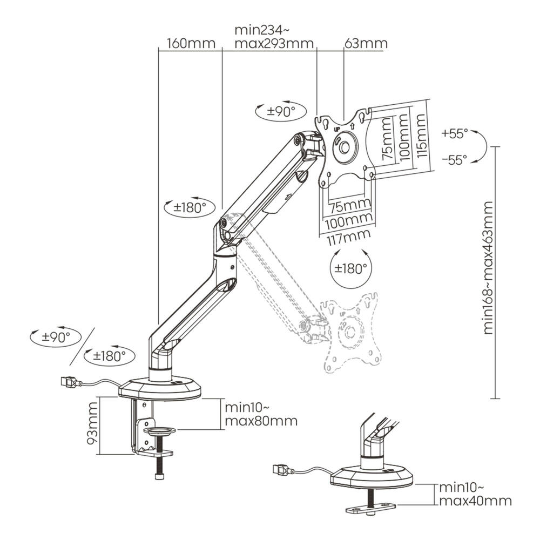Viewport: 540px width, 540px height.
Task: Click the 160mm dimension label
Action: tap(191, 43)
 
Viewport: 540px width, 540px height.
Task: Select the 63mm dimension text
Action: tap(366, 43)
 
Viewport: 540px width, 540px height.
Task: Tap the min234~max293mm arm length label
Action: tap(274, 36)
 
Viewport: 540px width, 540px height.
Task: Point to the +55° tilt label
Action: tap(455, 133)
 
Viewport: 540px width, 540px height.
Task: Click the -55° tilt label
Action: tap(455, 159)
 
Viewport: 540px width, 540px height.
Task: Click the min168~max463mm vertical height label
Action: tap(488, 267)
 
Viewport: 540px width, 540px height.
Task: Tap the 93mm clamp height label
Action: tap(92, 426)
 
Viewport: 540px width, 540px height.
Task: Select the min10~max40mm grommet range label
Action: tap(475, 494)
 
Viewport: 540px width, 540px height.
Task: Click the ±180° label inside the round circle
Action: tap(349, 268)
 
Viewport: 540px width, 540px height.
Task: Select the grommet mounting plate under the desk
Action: tap(370, 508)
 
